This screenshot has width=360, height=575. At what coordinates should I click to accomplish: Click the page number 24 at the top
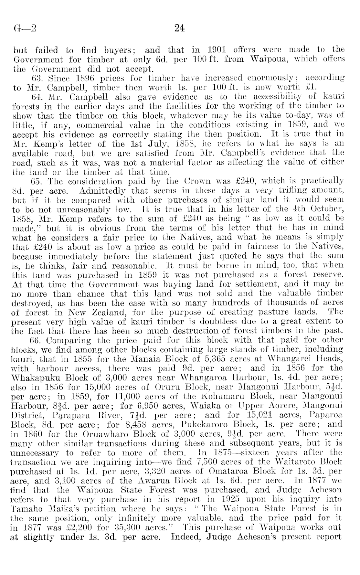179,29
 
